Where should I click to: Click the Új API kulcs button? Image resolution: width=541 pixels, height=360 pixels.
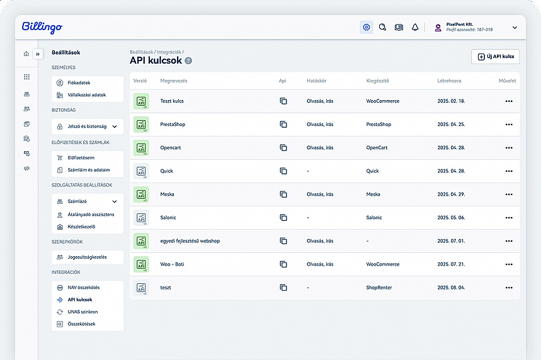[495, 57]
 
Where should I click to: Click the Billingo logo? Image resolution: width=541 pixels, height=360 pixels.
[42, 28]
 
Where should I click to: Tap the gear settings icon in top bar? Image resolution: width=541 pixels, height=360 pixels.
[367, 28]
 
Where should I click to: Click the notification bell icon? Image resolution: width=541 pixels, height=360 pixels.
[415, 28]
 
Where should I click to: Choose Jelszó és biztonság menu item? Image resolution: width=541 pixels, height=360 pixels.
[87, 126]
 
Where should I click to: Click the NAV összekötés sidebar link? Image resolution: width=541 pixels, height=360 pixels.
[83, 288]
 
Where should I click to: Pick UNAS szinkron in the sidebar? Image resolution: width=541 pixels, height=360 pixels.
[82, 312]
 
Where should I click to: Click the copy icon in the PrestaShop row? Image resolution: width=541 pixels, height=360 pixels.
[283, 125]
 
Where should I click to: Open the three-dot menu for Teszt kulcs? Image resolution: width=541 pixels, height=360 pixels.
[509, 101]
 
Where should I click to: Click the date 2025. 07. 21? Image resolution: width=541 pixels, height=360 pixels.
[451, 264]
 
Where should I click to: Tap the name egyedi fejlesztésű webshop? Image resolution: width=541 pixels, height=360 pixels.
[190, 241]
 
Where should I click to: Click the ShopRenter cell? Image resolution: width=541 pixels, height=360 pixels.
[379, 288]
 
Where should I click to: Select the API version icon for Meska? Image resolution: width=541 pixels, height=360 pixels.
[141, 194]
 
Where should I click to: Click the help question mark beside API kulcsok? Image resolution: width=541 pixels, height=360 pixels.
[188, 61]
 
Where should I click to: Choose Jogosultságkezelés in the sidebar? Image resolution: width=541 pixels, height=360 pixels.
[87, 257]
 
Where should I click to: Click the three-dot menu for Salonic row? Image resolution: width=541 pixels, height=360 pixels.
[509, 218]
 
